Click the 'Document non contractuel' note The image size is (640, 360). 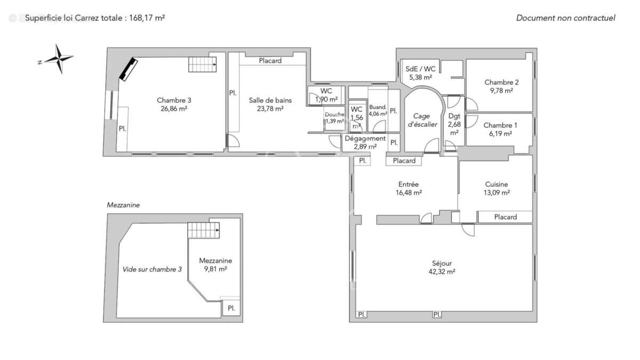pos(565,18)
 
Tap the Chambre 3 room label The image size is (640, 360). pos(174,100)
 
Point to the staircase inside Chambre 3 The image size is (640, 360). pos(203,65)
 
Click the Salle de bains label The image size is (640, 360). pos(270,100)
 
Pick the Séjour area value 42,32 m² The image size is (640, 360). pos(443,271)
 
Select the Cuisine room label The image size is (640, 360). pos(496,185)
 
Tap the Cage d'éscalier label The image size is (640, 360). pos(422,120)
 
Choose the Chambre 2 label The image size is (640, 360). pos(501,82)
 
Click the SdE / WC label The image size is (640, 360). pos(420,69)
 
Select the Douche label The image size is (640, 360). pos(334,114)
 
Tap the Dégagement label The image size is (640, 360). pos(365,138)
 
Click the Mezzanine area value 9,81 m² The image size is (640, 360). pos(215,269)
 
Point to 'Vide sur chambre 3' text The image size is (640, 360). pos(152,269)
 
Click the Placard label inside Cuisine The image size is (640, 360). pos(505,217)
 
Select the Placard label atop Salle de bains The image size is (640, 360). pos(270,61)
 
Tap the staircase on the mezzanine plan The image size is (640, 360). pos(203,230)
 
